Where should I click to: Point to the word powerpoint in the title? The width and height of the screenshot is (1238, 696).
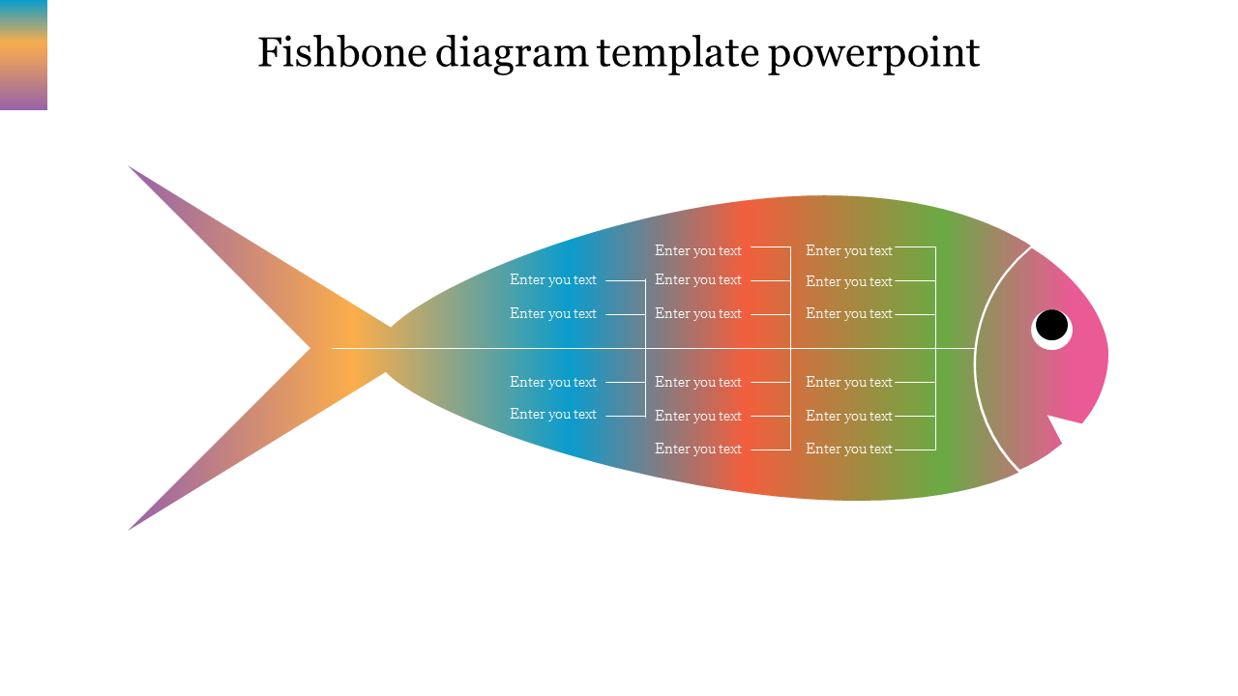(873, 54)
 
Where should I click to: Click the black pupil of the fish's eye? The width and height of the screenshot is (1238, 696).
(1051, 325)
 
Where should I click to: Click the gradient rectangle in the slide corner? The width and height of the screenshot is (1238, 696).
(23, 54)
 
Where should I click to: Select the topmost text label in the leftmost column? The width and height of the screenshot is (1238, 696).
(553, 280)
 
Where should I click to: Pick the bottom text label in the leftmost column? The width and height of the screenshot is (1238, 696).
(553, 414)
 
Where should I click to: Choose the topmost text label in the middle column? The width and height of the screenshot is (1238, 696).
(698, 250)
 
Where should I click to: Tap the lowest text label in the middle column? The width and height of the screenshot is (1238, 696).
(698, 449)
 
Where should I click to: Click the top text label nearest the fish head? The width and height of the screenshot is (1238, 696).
(849, 250)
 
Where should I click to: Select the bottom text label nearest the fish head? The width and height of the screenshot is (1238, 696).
(849, 449)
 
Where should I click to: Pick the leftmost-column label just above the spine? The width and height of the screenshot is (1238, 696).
(553, 313)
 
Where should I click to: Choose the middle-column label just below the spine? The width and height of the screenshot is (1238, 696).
(698, 382)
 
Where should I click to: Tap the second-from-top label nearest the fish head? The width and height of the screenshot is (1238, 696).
(849, 281)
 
